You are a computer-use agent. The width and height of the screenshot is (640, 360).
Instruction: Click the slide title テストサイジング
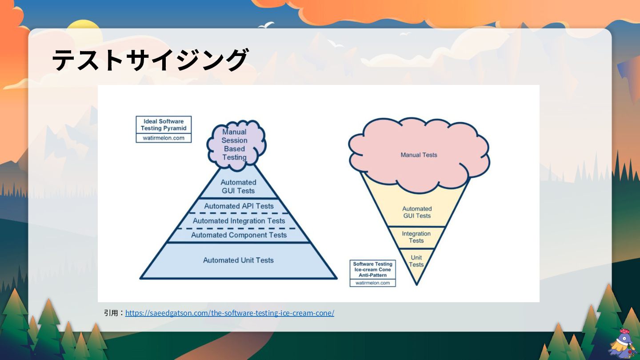click(150, 60)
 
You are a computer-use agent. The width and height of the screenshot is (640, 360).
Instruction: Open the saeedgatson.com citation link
click(229, 313)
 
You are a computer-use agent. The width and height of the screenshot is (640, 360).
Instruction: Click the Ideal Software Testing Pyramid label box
click(164, 125)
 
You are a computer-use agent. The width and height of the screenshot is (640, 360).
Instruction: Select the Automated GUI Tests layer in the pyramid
click(238, 187)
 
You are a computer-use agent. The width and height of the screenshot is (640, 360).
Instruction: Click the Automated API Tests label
click(239, 206)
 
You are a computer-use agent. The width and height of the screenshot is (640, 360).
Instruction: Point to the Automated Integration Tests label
click(239, 221)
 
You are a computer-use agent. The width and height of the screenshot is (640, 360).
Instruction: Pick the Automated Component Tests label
click(239, 235)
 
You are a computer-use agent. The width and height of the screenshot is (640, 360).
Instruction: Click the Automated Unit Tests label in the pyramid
click(239, 260)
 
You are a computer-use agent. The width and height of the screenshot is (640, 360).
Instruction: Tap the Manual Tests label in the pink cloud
click(419, 155)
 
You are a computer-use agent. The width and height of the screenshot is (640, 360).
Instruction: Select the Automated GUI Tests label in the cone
click(417, 212)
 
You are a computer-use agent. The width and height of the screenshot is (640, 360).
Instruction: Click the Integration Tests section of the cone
click(416, 237)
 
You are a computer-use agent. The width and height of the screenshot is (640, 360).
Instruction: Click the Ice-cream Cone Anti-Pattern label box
click(372, 269)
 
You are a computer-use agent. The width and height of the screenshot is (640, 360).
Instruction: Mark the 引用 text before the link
click(111, 313)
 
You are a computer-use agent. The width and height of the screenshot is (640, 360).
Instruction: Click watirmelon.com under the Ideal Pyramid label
click(164, 138)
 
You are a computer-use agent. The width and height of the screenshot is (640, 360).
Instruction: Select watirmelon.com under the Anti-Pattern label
click(372, 283)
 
